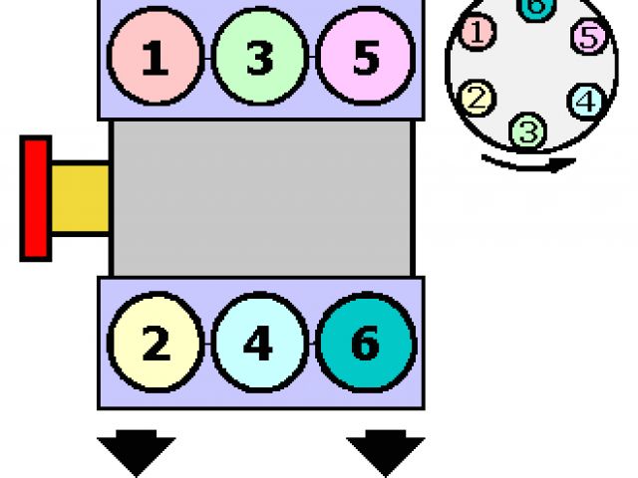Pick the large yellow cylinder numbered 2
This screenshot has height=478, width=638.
coord(156,344)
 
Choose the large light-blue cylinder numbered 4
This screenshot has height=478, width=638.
coord(259,344)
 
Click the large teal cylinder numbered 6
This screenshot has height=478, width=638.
coord(365,344)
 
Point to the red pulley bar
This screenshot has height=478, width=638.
coord(36,198)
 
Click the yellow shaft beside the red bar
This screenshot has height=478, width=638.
coord(80,198)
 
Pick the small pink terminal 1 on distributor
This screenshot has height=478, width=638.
coord(478,34)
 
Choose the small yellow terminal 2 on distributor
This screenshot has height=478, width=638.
coord(478,98)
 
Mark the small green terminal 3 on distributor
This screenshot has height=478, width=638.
coord(527,130)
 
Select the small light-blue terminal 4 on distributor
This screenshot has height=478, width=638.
coord(586,101)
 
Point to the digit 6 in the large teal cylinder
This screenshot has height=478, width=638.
coord(365,345)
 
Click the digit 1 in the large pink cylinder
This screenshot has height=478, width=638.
coord(155,59)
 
